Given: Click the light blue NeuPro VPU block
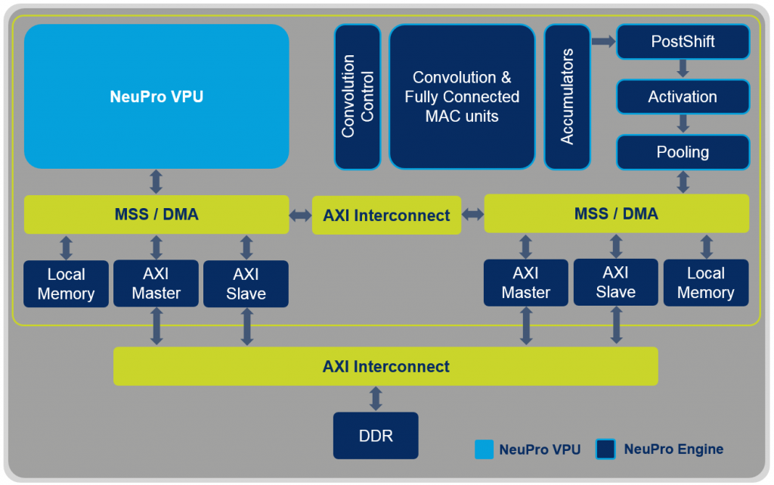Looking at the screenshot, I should point(156,96).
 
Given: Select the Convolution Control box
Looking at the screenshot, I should point(358,96).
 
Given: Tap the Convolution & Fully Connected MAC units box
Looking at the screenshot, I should point(462,96).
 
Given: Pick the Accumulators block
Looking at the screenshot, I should point(567,96).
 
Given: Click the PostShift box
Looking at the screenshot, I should point(683,42).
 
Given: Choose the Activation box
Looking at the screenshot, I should point(683,97).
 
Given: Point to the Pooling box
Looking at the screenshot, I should point(683,152).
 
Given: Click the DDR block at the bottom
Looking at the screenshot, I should point(376,436).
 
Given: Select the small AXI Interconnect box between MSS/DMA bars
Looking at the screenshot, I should point(386,215).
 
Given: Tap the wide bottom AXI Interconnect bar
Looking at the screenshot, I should point(385,367).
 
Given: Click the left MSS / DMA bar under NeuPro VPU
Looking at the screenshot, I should point(156,214).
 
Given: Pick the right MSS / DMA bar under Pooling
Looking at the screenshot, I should point(616,213).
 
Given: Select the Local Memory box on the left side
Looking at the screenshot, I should point(66,284).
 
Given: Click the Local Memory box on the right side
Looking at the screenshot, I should point(706,283).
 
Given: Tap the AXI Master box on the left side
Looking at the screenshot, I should point(156,284).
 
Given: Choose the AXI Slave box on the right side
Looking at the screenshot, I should point(616,283).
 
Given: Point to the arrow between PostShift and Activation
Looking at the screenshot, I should point(683,69).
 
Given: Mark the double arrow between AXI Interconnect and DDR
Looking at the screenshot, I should point(376,399).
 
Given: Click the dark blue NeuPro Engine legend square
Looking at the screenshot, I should point(606,449).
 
